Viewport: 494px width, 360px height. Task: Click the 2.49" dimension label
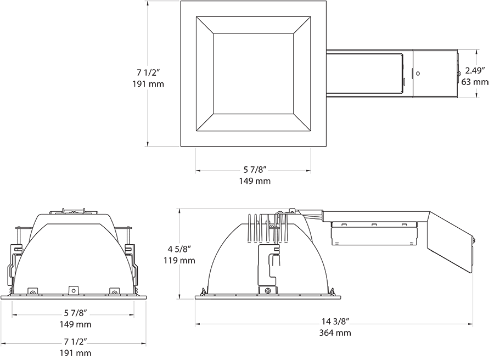[475, 71]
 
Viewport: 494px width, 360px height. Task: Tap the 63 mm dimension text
[475, 82]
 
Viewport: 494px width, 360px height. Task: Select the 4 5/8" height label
[179, 250]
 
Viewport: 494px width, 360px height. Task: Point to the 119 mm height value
[179, 261]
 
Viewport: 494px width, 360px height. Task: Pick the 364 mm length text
[335, 333]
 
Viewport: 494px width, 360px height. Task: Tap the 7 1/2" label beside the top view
[148, 73]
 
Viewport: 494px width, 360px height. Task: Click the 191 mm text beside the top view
[148, 84]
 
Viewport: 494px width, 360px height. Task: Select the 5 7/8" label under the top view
[255, 170]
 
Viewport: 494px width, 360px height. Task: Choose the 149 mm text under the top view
[255, 181]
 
